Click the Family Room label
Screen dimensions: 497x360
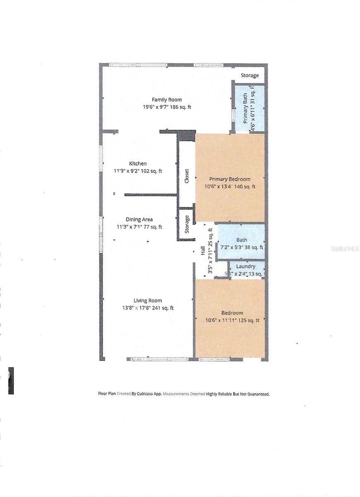tap(167, 100)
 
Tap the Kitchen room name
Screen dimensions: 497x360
tap(137, 164)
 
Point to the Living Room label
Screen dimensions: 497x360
tap(147, 301)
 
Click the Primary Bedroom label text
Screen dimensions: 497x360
tap(230, 179)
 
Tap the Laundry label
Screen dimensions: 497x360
tap(245, 266)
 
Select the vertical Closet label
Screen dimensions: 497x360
tap(187, 176)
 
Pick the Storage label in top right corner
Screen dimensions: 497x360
tap(250, 75)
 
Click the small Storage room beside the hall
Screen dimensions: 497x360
tap(187, 224)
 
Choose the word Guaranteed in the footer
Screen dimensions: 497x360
tap(257, 394)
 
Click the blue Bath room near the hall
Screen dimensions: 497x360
tap(241, 241)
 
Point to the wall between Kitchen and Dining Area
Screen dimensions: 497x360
tap(151, 194)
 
